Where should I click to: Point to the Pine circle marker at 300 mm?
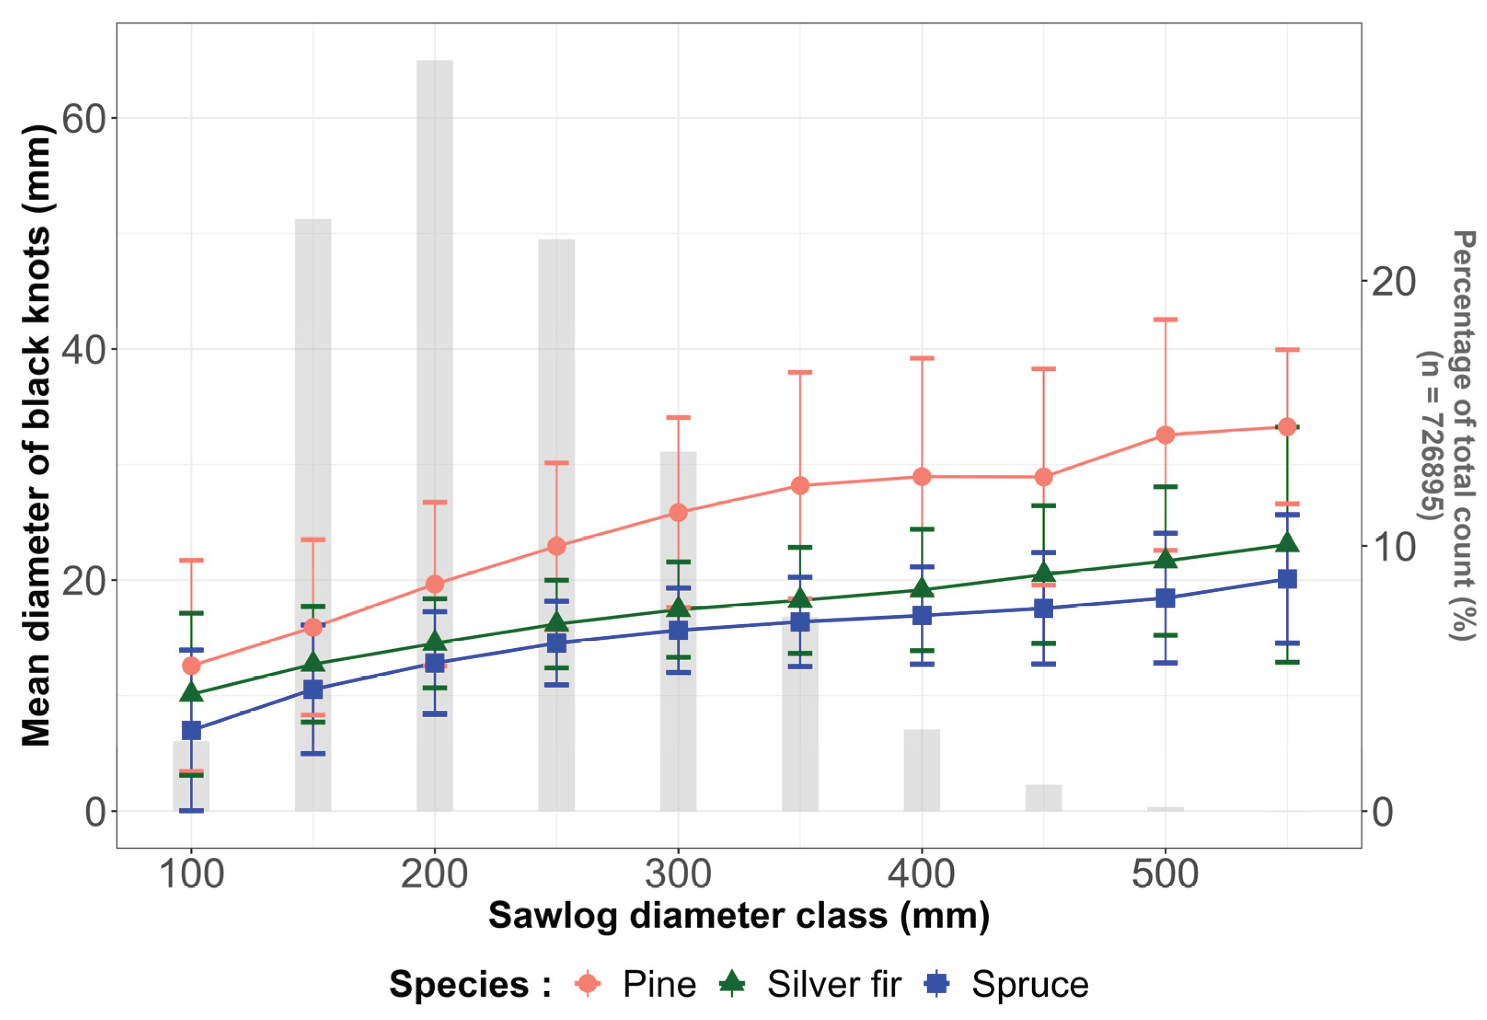point(678,513)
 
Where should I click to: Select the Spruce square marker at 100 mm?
point(191,730)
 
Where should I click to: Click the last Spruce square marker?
point(1287,579)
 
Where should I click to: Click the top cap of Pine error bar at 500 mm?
point(1165,319)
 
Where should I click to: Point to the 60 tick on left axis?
point(83,118)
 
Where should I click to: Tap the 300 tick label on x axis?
point(678,874)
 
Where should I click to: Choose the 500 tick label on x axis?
point(1165,874)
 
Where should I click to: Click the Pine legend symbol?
point(588,984)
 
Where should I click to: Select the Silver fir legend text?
point(834,984)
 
